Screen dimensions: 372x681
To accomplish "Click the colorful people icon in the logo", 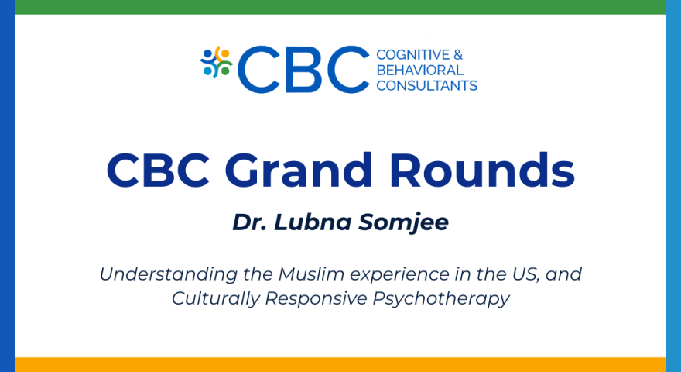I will [217, 62].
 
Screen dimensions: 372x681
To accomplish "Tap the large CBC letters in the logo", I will [304, 69].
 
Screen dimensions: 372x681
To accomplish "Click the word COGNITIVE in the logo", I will [409, 54].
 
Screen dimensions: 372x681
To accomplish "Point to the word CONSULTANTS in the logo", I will [426, 85].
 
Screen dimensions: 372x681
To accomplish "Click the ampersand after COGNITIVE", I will [457, 54].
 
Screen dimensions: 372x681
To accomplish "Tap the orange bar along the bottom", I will [340, 364].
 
